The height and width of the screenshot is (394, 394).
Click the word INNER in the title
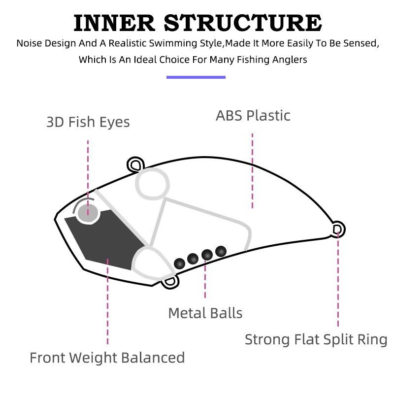[x=114, y=23]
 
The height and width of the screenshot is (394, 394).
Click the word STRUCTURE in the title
[x=243, y=23]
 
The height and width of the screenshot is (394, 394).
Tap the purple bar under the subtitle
[x=196, y=77]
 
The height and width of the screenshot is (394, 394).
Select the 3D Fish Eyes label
[x=88, y=122]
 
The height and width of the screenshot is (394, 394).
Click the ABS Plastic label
[x=253, y=116]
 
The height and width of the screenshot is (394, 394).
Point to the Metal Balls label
[x=205, y=313]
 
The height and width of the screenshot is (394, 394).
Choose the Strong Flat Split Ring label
[x=316, y=340]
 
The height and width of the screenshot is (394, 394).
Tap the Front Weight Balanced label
[x=107, y=358]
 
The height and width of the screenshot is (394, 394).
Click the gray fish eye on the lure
[x=88, y=213]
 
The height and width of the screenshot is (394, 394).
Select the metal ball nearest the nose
[x=179, y=263]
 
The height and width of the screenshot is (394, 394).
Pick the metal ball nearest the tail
[x=221, y=251]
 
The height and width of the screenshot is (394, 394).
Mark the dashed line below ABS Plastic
[x=252, y=171]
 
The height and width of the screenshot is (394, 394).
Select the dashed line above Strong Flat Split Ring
[x=338, y=279]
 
